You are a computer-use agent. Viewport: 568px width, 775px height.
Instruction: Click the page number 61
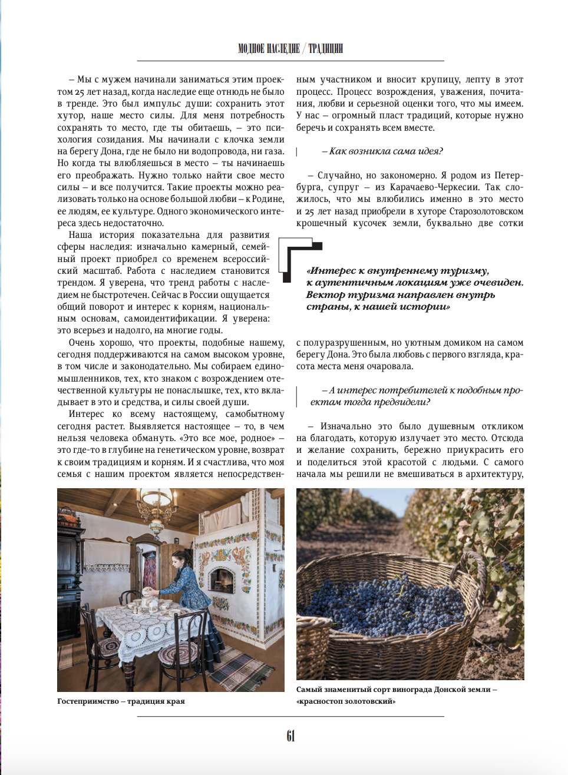[290, 736]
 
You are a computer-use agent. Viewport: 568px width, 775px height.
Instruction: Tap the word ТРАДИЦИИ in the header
[325, 48]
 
